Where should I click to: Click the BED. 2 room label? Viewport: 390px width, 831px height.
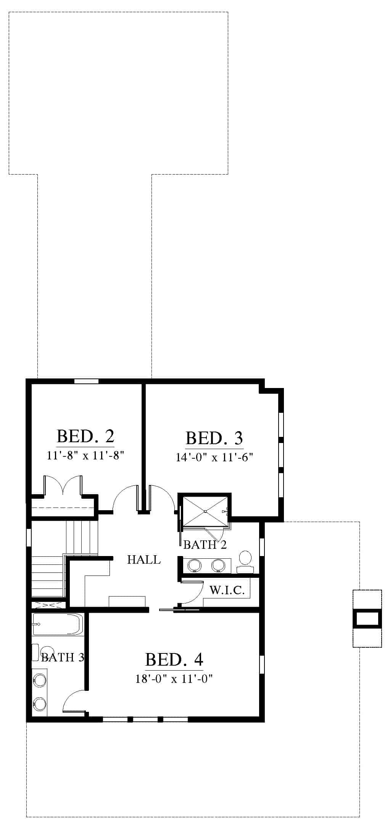click(85, 436)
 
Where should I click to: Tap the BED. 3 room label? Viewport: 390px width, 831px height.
click(214, 438)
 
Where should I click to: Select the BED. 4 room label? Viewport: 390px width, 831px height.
click(174, 660)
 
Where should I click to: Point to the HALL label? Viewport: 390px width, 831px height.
click(144, 560)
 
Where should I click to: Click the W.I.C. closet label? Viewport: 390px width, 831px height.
click(227, 590)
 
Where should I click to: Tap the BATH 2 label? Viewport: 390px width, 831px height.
click(205, 545)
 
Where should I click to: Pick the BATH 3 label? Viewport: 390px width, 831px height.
click(63, 657)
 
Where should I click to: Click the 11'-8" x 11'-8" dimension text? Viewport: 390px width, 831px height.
click(86, 455)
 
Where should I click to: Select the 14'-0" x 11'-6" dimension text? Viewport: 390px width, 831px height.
click(214, 457)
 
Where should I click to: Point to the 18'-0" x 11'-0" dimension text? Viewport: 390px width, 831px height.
click(174, 679)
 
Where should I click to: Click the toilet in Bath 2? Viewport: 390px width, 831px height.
click(245, 562)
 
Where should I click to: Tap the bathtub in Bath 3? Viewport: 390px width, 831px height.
click(58, 624)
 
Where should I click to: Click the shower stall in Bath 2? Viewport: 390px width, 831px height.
click(205, 511)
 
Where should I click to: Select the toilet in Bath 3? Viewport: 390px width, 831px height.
click(44, 652)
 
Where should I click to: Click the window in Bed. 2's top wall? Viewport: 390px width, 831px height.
click(86, 381)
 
